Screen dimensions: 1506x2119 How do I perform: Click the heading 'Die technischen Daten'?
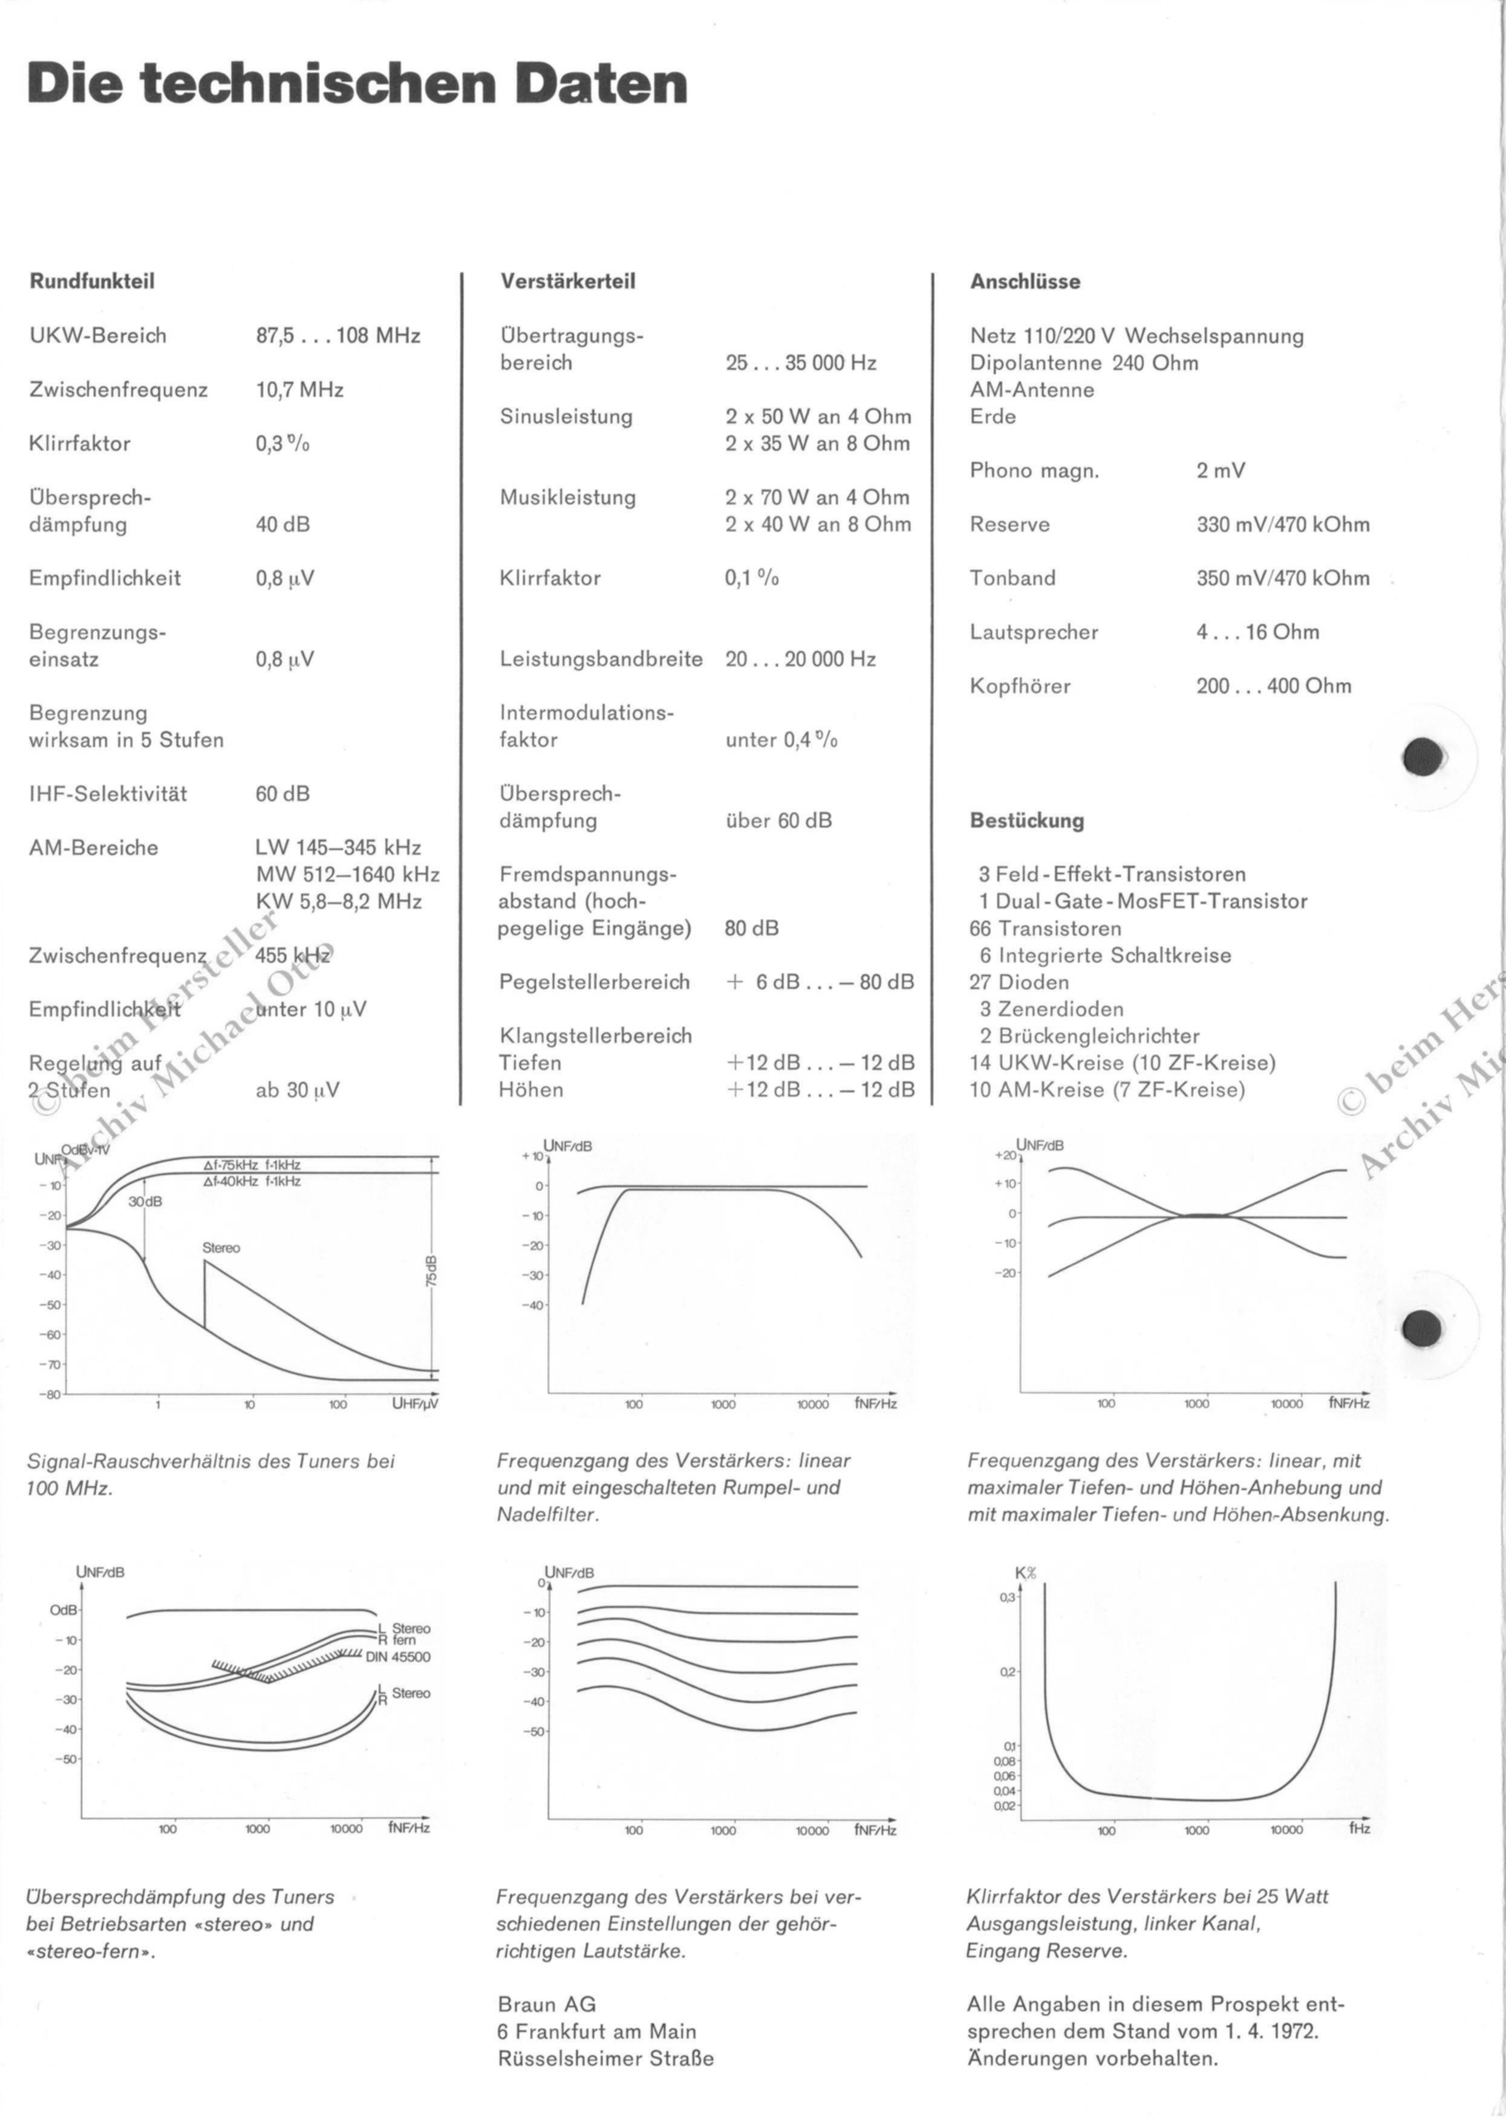pos(358,85)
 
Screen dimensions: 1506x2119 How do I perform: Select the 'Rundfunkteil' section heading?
pos(92,281)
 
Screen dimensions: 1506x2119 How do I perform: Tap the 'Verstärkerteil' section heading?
pos(567,281)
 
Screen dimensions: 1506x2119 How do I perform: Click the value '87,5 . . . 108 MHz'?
pos(337,336)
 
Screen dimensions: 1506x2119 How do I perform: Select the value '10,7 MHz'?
pos(299,390)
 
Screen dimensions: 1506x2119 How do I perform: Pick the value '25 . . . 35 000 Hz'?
pos(801,363)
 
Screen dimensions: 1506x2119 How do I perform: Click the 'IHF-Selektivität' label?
pos(108,794)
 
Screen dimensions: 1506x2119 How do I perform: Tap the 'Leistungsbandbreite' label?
pos(601,660)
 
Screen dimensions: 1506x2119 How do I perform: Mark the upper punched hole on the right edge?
pos(1424,757)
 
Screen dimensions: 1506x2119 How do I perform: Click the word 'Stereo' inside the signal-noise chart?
pos(221,1248)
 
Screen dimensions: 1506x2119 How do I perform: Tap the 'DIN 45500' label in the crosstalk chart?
pos(398,1657)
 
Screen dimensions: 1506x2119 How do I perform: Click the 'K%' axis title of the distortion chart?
pos(1026,1573)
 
